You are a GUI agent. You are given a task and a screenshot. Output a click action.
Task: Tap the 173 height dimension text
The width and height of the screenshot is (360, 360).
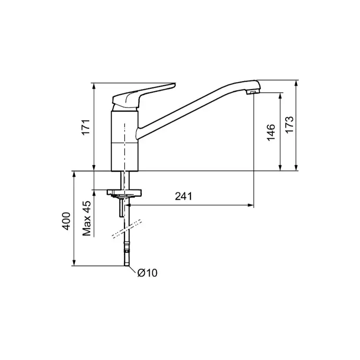coord(290,124)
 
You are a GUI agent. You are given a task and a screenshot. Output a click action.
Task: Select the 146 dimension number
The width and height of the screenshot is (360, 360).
coord(271,132)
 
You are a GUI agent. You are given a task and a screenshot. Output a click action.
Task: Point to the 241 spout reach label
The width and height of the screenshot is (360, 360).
coord(183,196)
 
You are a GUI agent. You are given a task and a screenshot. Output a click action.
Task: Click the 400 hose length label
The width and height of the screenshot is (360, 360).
coord(67,221)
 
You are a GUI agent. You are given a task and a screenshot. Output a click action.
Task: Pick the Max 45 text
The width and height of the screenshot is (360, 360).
coord(87,218)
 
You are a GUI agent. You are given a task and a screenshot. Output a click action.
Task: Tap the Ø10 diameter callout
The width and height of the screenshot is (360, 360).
coord(147,273)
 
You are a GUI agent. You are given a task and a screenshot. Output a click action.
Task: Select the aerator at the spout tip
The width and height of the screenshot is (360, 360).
coord(252,92)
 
